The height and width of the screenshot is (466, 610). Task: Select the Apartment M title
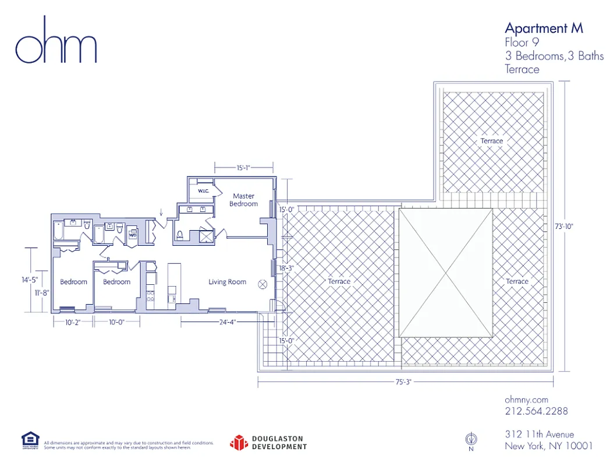click(543, 28)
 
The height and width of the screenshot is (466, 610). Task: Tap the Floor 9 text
click(517, 43)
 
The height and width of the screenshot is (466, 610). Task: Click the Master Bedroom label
click(243, 200)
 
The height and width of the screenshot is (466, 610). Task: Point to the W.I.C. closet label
click(203, 190)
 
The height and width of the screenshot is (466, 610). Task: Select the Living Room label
click(228, 282)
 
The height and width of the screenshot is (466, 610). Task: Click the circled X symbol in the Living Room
click(262, 284)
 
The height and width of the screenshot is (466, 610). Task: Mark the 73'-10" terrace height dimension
click(563, 227)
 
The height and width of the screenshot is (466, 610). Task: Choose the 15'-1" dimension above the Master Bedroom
click(243, 168)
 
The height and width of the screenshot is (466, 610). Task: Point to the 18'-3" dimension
click(286, 269)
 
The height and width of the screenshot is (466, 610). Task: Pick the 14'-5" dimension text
click(30, 280)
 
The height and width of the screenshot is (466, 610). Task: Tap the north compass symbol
click(471, 440)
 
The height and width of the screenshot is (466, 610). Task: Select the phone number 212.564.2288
click(536, 411)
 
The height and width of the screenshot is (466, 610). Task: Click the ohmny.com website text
click(526, 400)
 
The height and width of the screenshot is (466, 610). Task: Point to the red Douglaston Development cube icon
click(239, 443)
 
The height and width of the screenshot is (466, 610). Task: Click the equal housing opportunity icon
click(30, 440)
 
